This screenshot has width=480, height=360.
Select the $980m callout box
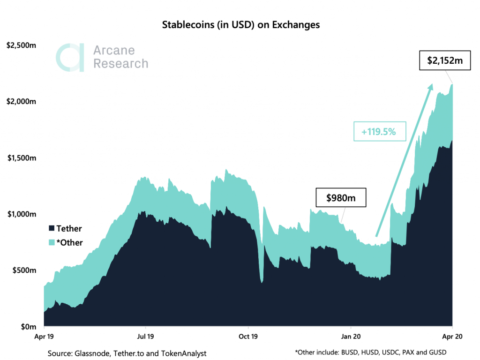pyautogui.click(x=340, y=198)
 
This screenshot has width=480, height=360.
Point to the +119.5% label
pyautogui.click(x=379, y=132)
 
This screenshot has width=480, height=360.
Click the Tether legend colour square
pyautogui.click(x=51, y=228)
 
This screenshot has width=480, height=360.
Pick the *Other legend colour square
pyautogui.click(x=51, y=242)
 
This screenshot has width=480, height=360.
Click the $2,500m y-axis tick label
pyautogui.click(x=22, y=45)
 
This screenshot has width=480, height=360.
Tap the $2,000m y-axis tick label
pyautogui.click(x=22, y=102)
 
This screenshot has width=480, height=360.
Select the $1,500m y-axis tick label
pyautogui.click(x=22, y=158)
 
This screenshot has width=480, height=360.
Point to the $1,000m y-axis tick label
pyautogui.click(x=22, y=214)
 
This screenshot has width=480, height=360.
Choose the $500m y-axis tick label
pyautogui.click(x=23, y=270)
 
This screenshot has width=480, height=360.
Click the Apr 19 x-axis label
pyautogui.click(x=44, y=336)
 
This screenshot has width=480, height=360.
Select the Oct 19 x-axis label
pyautogui.click(x=248, y=336)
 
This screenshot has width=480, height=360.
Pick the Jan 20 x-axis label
pyautogui.click(x=351, y=336)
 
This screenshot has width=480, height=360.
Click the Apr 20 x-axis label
pyautogui.click(x=452, y=336)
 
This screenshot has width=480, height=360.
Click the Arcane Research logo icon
pyautogui.click(x=70, y=57)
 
